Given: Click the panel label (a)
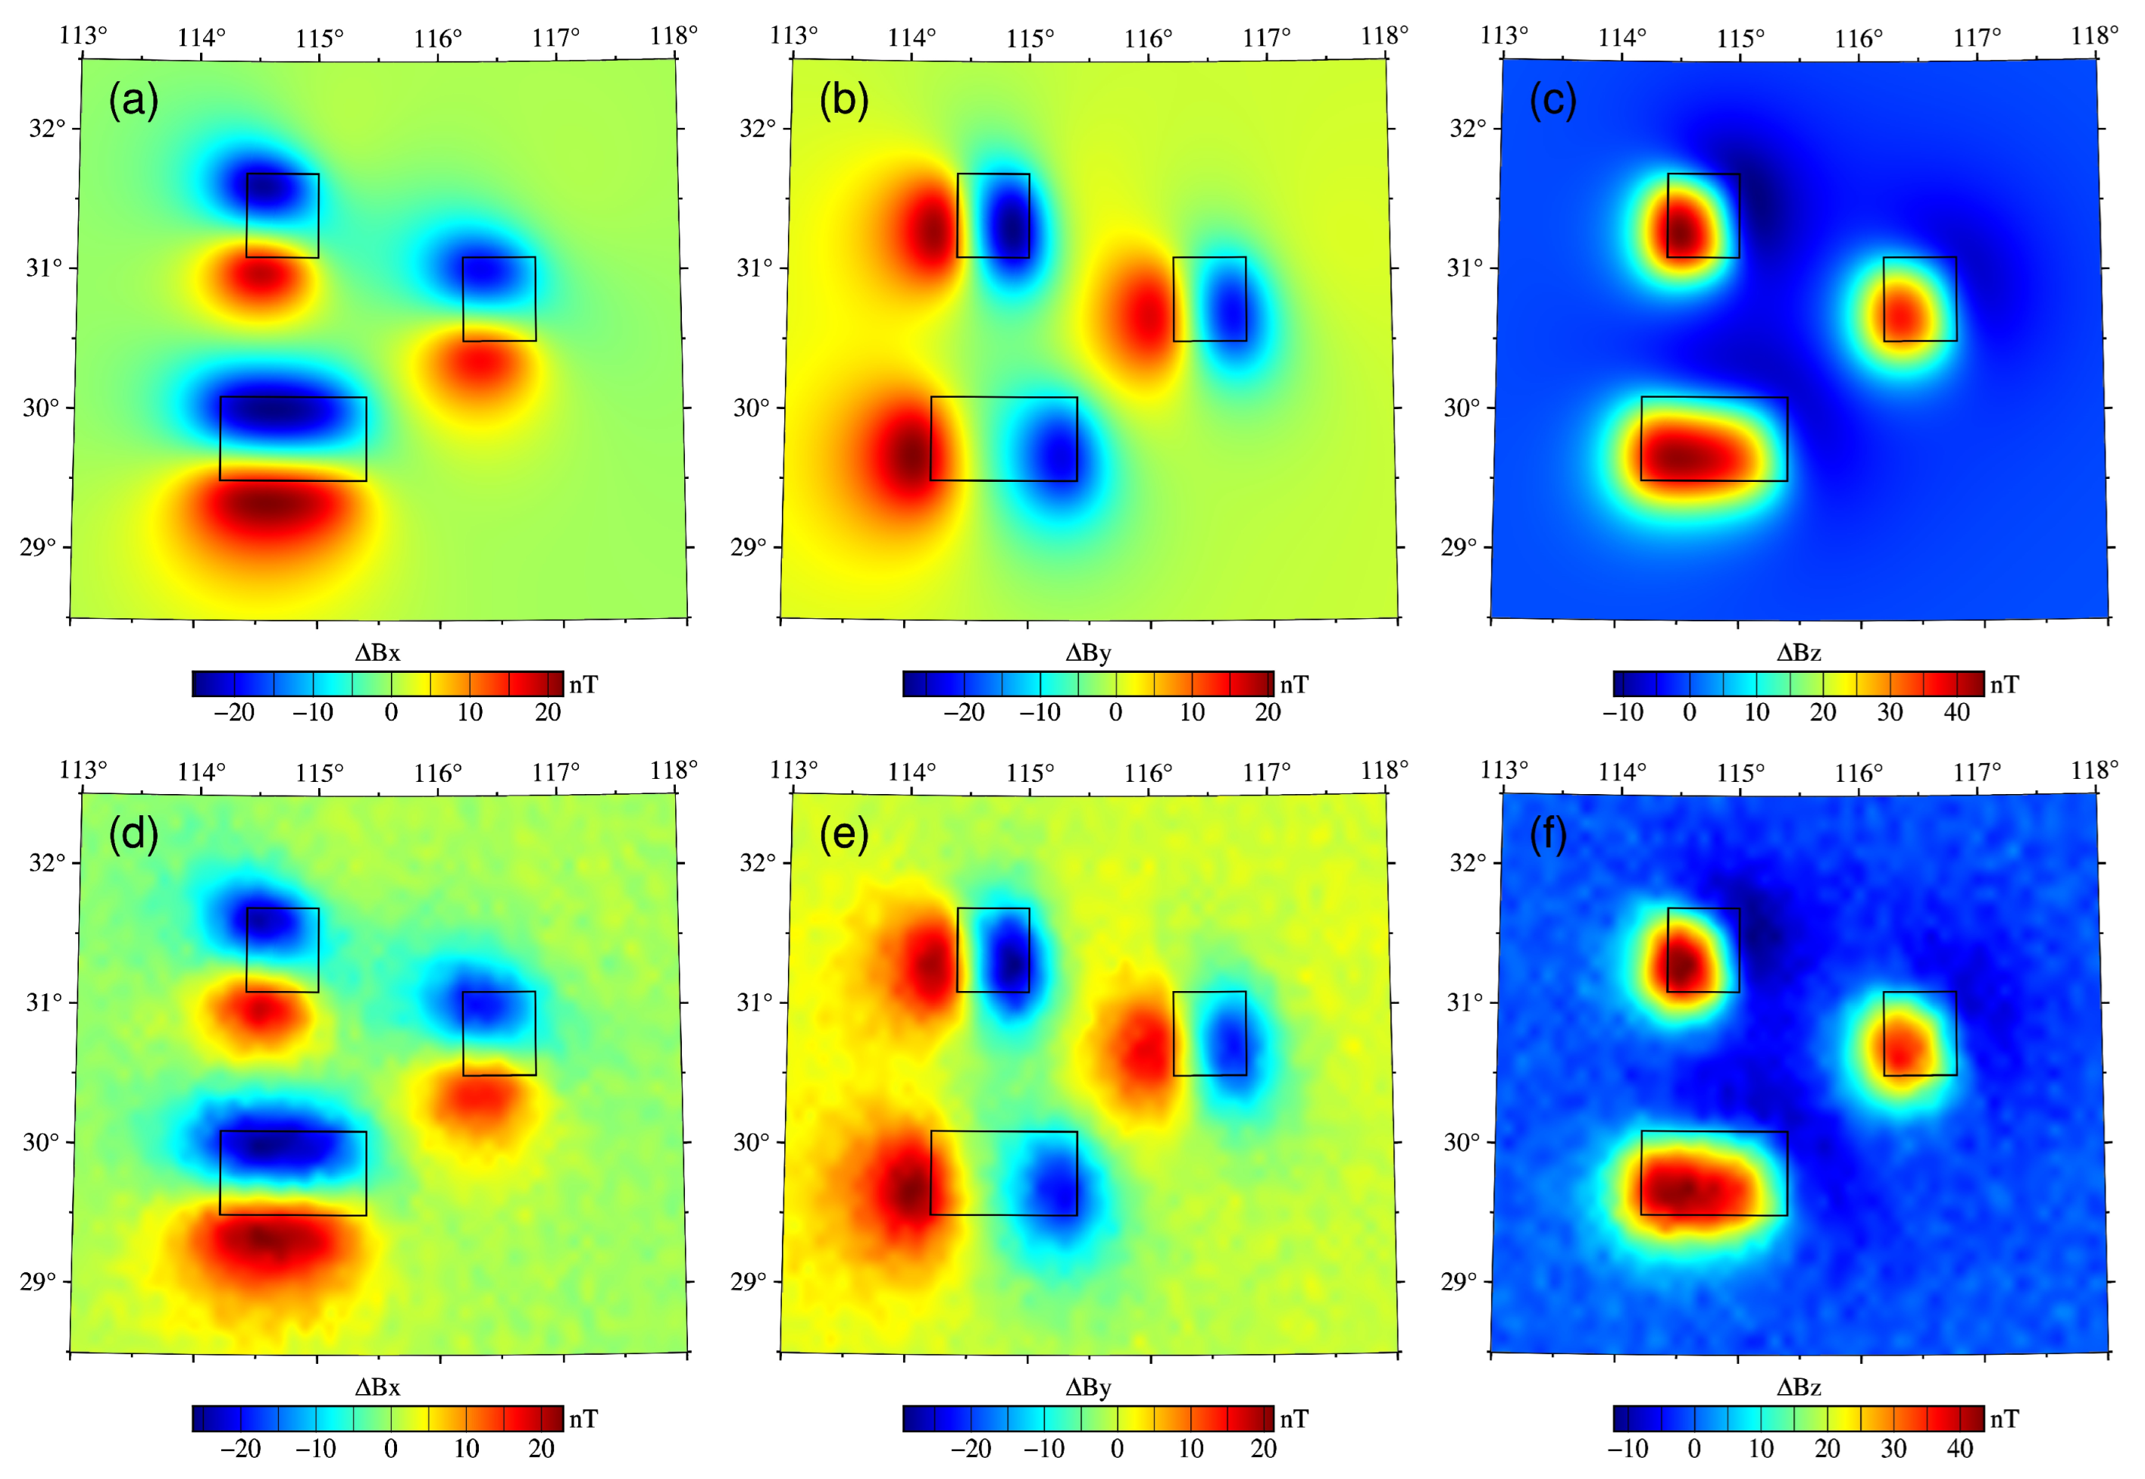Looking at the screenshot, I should click(133, 100).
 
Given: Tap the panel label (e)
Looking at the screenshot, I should click(843, 835).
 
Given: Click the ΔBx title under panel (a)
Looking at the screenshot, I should click(377, 653).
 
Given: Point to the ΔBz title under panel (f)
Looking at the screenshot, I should click(1799, 1387).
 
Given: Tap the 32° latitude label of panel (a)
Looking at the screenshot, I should click(46, 128).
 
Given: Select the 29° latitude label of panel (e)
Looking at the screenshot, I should click(749, 1283).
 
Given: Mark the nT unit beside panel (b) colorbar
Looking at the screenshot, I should click(1294, 685).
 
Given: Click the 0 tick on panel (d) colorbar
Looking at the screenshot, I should click(391, 1449).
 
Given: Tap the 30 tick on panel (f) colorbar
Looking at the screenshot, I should click(1893, 1449).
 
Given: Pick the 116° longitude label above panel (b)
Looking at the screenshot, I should click(1148, 39).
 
